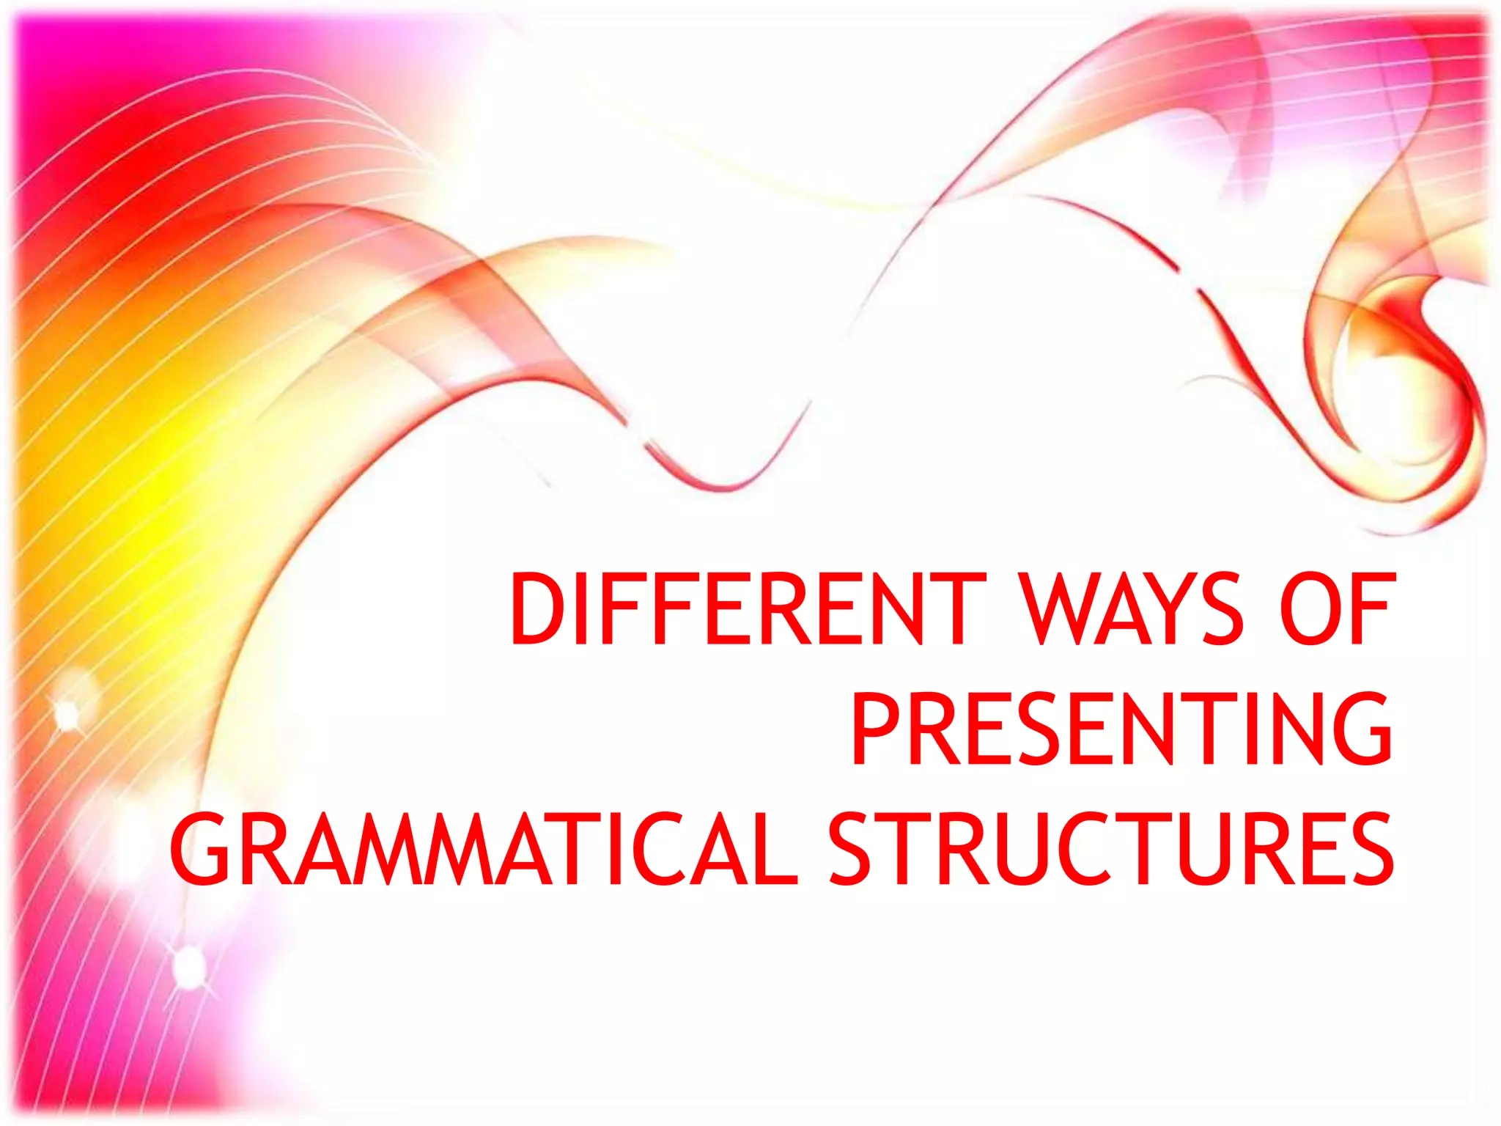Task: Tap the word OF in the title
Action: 1335,610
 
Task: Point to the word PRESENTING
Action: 1121,729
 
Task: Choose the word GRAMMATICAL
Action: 484,849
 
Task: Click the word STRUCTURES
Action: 1110,849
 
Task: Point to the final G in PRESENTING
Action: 1362,729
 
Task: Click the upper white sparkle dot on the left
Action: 67,713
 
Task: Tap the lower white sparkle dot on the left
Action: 189,965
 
